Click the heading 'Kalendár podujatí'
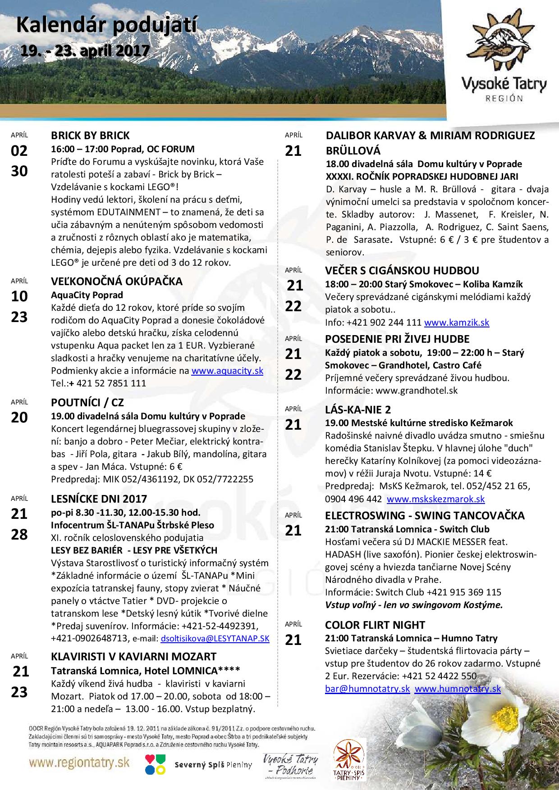click(x=106, y=26)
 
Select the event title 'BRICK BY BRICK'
click(x=90, y=136)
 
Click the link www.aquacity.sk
click(x=227, y=371)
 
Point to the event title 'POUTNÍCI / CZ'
click(x=87, y=403)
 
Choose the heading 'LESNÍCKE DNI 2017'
click(x=99, y=499)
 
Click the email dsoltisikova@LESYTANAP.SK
click(x=215, y=639)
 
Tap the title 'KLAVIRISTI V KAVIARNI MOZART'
click(x=134, y=657)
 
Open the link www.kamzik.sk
click(x=457, y=322)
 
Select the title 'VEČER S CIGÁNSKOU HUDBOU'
click(x=402, y=271)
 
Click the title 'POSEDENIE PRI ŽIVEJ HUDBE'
click(x=397, y=339)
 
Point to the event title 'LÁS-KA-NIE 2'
click(x=358, y=409)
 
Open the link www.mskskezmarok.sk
click(x=436, y=499)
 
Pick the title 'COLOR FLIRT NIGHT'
click(x=375, y=625)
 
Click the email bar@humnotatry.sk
click(x=367, y=689)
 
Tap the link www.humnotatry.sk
click(x=458, y=689)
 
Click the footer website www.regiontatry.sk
click(x=80, y=762)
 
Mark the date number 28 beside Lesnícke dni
click(x=19, y=535)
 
